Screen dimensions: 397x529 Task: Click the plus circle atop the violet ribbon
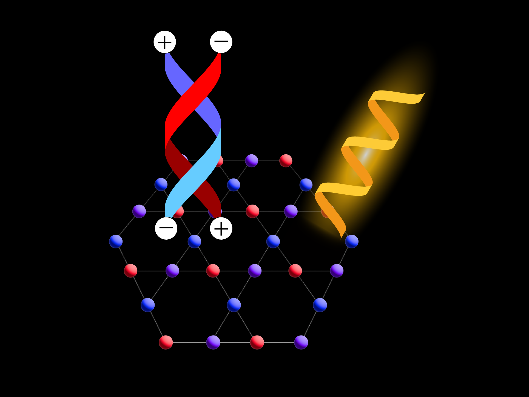[165, 42]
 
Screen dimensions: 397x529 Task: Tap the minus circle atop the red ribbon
[221, 42]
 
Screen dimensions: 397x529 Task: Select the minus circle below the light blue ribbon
[166, 228]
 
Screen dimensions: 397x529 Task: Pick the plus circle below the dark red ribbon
[221, 228]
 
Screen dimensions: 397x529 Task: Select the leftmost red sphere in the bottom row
[166, 342]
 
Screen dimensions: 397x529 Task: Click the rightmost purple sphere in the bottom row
[301, 342]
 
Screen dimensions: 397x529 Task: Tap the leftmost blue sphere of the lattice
[116, 241]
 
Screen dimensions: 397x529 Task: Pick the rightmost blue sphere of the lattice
[352, 241]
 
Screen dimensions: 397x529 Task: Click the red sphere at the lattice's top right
[286, 160]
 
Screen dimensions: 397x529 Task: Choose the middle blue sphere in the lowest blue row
[234, 305]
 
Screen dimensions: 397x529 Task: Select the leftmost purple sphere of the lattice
[139, 211]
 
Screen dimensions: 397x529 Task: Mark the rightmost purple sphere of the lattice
[337, 271]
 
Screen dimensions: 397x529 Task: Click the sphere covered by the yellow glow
[327, 212]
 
